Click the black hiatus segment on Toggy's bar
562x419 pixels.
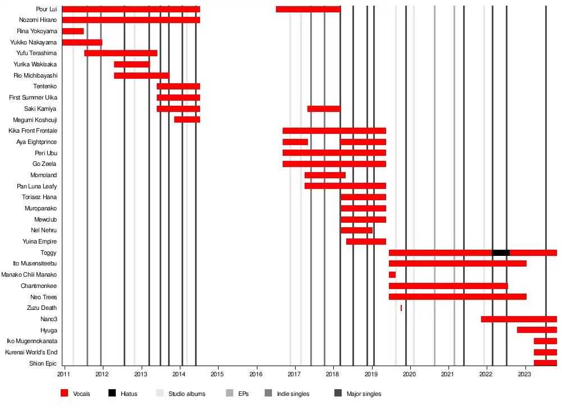click(501, 253)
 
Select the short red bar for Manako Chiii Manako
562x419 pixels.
click(392, 274)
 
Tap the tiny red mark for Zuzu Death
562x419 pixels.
click(401, 308)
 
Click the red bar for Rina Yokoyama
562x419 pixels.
click(73, 31)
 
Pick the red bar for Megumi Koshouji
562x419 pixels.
click(187, 119)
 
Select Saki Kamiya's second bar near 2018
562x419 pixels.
click(324, 109)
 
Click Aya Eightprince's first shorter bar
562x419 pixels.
click(295, 142)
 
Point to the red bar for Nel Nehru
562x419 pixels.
click(356, 230)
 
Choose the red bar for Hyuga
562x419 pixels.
click(537, 330)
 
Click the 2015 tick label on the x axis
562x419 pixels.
click(217, 374)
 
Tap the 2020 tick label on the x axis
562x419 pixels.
click(410, 374)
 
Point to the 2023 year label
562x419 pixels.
click(525, 374)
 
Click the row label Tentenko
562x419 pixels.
click(45, 86)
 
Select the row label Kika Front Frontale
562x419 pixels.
click(33, 130)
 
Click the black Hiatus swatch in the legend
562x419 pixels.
click(112, 394)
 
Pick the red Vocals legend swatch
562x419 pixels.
click(65, 394)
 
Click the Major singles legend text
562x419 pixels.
click(364, 394)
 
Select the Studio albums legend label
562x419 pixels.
click(187, 394)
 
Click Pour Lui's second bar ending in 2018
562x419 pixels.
click(308, 9)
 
